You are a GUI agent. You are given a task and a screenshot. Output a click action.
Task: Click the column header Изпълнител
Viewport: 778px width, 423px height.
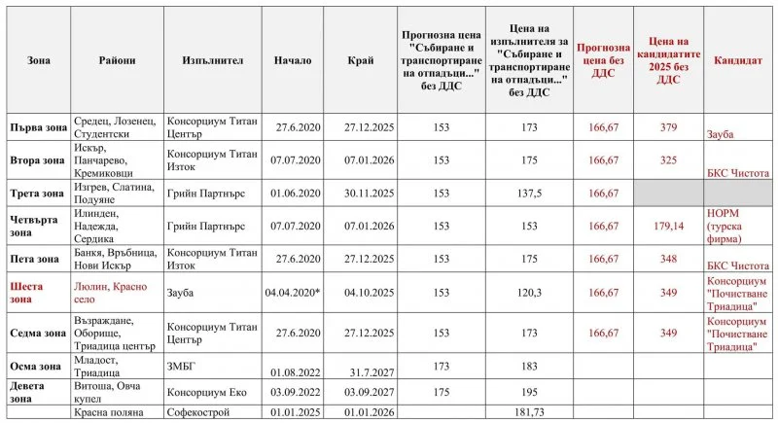pos(212,60)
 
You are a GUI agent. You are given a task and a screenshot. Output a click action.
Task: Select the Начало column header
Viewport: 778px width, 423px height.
pos(293,60)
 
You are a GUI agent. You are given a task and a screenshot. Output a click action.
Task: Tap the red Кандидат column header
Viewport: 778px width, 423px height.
pos(738,60)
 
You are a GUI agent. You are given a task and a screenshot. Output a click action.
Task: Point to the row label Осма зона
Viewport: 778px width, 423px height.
pos(34,365)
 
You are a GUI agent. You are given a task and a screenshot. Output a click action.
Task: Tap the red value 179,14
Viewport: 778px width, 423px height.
pos(668,226)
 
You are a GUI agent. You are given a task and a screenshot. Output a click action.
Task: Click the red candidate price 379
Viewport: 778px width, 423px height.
pos(668,126)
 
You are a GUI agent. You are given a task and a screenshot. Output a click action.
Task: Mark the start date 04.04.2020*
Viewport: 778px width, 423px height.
pos(293,292)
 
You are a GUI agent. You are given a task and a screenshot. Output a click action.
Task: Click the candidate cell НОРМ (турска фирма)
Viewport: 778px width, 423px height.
pos(728,226)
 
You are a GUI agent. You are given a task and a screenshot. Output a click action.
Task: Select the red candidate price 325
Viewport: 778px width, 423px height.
pos(668,159)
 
